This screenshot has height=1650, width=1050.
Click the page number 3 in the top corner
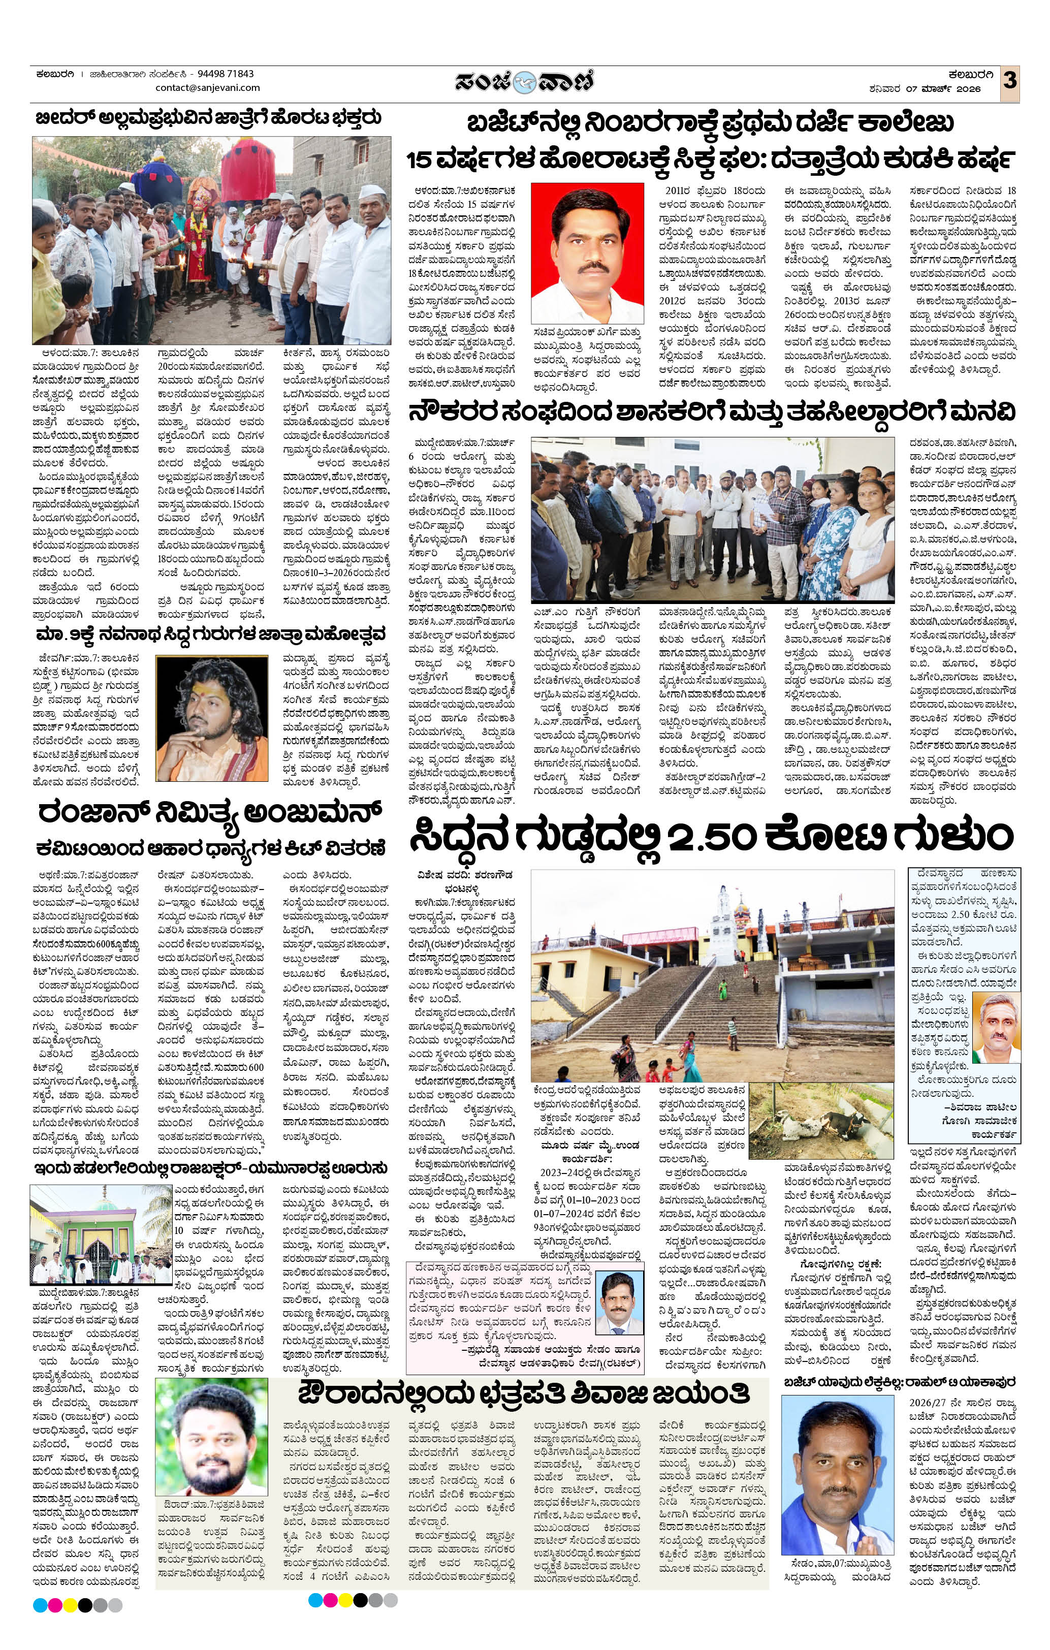(1009, 81)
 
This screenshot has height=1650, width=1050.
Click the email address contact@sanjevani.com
(208, 88)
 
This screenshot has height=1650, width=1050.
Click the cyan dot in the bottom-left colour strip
(40, 1620)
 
